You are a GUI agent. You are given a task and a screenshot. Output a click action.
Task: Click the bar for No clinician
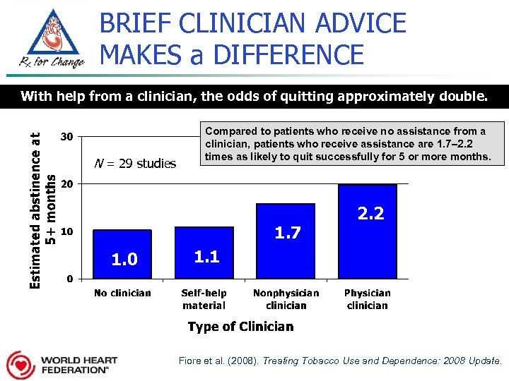pyautogui.click(x=122, y=253)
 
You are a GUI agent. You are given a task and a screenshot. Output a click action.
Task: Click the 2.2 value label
pyautogui.click(x=370, y=213)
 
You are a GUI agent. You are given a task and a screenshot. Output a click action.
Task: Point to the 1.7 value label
pyautogui.click(x=288, y=232)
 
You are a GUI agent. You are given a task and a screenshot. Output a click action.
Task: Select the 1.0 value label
pyautogui.click(x=124, y=260)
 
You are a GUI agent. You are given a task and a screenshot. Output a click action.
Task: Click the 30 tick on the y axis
pyautogui.click(x=66, y=136)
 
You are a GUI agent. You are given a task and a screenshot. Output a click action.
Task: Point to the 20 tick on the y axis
pyautogui.click(x=66, y=183)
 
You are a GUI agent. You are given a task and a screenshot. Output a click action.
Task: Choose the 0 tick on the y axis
pyautogui.click(x=69, y=279)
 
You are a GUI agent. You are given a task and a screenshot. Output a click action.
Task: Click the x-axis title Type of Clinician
pyautogui.click(x=240, y=327)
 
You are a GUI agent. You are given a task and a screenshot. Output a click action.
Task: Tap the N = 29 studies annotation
pyautogui.click(x=136, y=164)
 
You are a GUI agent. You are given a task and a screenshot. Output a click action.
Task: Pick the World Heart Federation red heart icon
pyautogui.click(x=21, y=365)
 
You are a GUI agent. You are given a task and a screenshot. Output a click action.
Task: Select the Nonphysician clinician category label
pyautogui.click(x=286, y=299)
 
